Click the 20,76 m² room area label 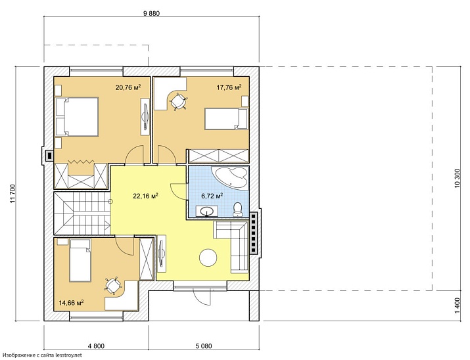click(x=128, y=87)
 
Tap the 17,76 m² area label click(x=229, y=87)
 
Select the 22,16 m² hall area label click(x=146, y=196)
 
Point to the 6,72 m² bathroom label click(x=212, y=196)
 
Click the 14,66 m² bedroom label click(x=71, y=302)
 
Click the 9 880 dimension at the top click(x=152, y=14)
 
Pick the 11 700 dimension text click(x=12, y=194)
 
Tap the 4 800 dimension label click(x=96, y=346)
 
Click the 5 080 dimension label click(x=204, y=346)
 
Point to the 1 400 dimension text click(x=457, y=305)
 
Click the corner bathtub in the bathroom click(x=230, y=177)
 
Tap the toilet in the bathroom click(x=238, y=209)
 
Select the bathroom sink click(x=206, y=211)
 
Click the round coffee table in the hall click(x=208, y=258)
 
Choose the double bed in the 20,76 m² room click(x=77, y=116)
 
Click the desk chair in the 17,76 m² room click(x=179, y=101)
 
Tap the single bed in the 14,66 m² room click(x=80, y=261)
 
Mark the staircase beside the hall click(x=82, y=214)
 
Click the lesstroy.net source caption click(x=42, y=355)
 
